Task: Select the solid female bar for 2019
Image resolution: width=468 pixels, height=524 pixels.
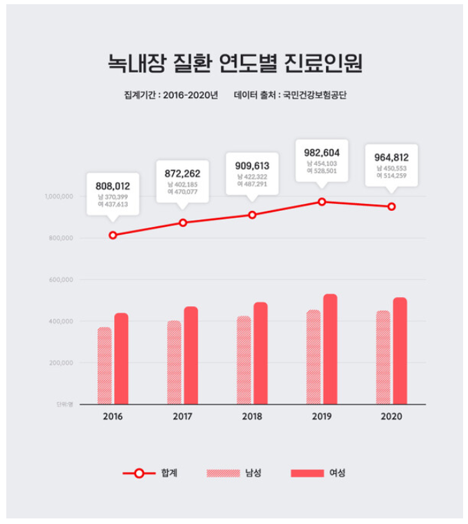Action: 330,349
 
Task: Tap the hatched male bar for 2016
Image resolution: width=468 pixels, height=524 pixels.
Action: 105,365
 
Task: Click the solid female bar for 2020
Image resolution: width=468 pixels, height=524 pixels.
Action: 400,351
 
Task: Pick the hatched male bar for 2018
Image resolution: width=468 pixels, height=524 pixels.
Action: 244,360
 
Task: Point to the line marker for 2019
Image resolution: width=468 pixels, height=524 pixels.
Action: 322,202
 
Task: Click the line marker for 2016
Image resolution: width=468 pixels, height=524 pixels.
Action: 113,235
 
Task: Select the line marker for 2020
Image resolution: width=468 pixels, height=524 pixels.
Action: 391,207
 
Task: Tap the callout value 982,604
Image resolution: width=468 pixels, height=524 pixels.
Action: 321,152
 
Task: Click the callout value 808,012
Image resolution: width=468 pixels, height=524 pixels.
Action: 112,186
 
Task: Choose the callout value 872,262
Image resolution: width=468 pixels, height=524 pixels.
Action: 182,173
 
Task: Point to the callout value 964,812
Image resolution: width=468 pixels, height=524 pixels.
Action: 392,157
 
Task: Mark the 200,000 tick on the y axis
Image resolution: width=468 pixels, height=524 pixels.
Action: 61,363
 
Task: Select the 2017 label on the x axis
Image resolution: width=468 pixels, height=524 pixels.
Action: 182,417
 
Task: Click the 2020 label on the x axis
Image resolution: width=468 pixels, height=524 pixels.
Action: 392,417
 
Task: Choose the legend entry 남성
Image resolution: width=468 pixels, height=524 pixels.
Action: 253,473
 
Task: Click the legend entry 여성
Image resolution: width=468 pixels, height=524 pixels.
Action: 337,473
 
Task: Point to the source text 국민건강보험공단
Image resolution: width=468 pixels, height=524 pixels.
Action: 314,94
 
